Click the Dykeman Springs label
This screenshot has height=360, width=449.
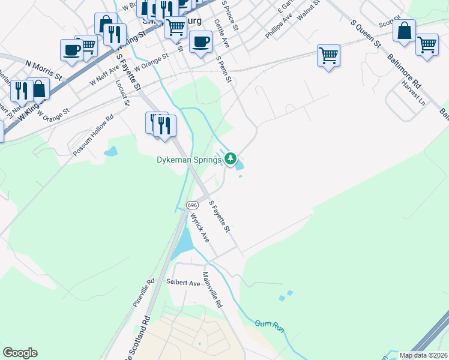click(188, 160)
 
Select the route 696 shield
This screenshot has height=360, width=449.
click(192, 205)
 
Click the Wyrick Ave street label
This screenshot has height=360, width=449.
click(200, 227)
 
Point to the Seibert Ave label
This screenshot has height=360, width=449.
click(184, 283)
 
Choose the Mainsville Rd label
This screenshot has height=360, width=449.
click(212, 290)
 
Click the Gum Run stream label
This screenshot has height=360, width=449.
click(269, 326)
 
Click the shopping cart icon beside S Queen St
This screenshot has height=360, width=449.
click(328, 55)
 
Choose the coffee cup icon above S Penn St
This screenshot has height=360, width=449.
click(200, 41)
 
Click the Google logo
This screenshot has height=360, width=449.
click(20, 353)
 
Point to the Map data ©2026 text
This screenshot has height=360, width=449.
click(423, 355)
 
